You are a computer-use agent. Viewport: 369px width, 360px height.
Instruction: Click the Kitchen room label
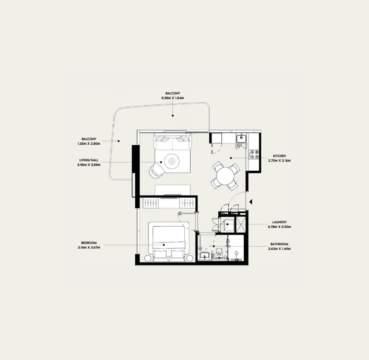[279, 156]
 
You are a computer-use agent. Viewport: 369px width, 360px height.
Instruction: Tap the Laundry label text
[279, 222]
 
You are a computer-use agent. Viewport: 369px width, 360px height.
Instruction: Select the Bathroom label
[279, 244]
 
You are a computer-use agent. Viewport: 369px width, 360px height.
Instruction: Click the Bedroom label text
[89, 243]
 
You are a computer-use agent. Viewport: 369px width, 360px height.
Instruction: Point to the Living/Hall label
[89, 160]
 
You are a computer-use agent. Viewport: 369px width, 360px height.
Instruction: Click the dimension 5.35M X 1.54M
[173, 98]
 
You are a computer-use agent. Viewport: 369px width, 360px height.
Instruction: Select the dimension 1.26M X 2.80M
[89, 144]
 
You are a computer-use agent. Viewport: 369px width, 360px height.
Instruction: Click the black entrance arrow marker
[251, 202]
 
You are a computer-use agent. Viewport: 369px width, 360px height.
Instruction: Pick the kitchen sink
[241, 138]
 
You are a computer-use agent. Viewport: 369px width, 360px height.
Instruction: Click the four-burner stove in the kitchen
[254, 154]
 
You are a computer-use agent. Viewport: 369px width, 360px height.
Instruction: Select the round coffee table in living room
[172, 161]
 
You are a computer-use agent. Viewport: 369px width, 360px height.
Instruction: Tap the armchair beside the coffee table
[156, 169]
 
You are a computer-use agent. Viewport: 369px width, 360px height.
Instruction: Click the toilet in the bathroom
[219, 253]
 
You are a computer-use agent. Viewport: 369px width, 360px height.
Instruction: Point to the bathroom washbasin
[204, 256]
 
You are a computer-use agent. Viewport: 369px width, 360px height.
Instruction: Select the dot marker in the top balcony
[173, 116]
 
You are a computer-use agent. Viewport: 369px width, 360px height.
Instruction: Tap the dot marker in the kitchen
[231, 158]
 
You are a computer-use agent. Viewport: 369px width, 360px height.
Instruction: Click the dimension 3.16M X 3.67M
[89, 247]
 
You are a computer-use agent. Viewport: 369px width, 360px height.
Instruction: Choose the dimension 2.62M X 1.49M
[279, 249]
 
